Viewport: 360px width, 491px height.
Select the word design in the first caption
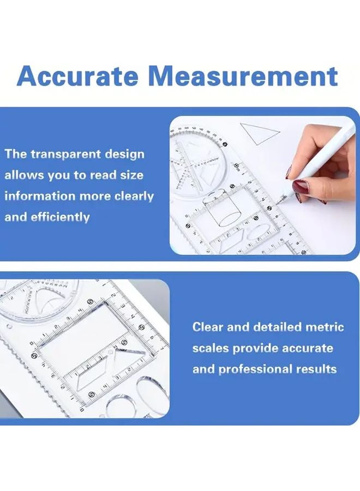point(126,154)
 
